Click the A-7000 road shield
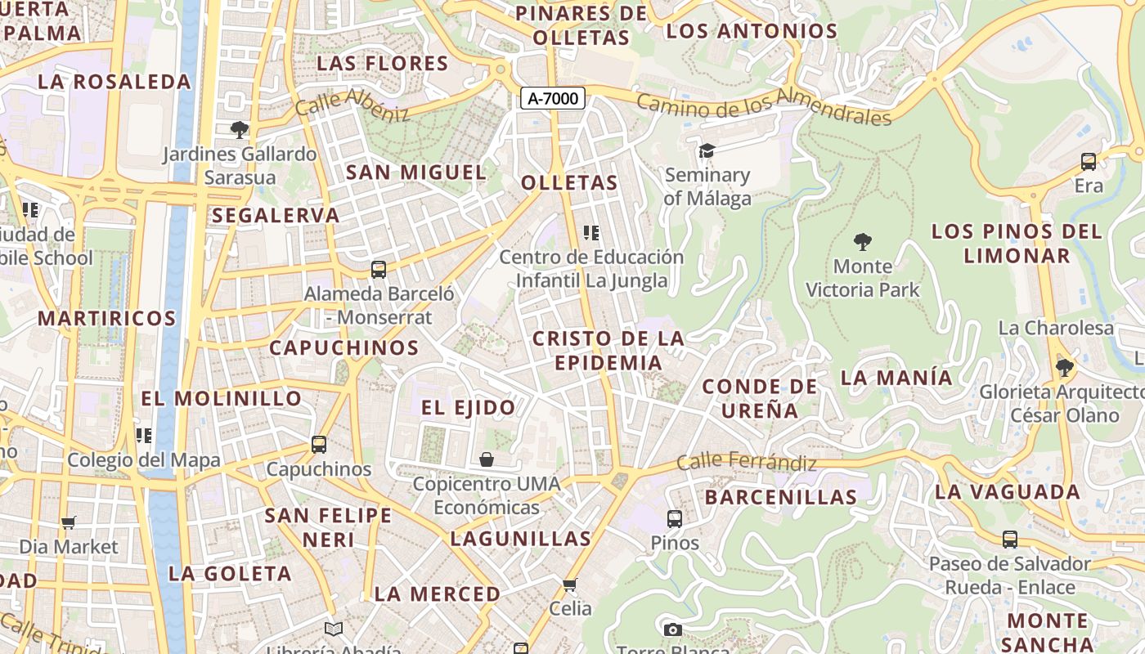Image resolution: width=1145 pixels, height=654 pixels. [x=553, y=99]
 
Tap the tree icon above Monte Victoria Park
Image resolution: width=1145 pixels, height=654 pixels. [x=862, y=241]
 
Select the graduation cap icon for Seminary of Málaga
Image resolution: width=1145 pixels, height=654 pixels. [x=707, y=150]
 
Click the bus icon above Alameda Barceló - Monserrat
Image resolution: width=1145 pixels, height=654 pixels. [x=378, y=269]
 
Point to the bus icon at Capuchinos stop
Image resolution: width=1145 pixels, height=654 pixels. [x=319, y=445]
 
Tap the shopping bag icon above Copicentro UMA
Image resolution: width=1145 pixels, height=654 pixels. [x=487, y=459]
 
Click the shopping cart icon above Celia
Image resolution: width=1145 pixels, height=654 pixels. [x=570, y=585]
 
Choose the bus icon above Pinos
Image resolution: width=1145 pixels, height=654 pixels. [x=675, y=518]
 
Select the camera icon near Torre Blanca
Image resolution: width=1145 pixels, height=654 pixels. [x=672, y=629]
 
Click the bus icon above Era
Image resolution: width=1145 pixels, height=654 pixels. [x=1089, y=162]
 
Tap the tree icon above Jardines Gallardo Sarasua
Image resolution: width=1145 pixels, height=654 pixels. [x=239, y=129]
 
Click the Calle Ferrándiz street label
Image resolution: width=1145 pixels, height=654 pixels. [x=747, y=463]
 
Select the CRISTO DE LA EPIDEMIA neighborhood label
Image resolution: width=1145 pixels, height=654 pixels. [x=608, y=350]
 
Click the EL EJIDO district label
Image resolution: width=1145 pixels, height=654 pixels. [x=469, y=407]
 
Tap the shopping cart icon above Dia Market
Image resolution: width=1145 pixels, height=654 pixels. [x=69, y=522]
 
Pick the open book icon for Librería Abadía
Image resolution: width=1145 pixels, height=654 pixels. [x=333, y=629]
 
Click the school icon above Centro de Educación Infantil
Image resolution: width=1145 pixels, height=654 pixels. [x=591, y=233]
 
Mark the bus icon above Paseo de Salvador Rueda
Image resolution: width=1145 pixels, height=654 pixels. [x=1010, y=540]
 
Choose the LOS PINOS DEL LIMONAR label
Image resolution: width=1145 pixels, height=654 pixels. [x=1017, y=243]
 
